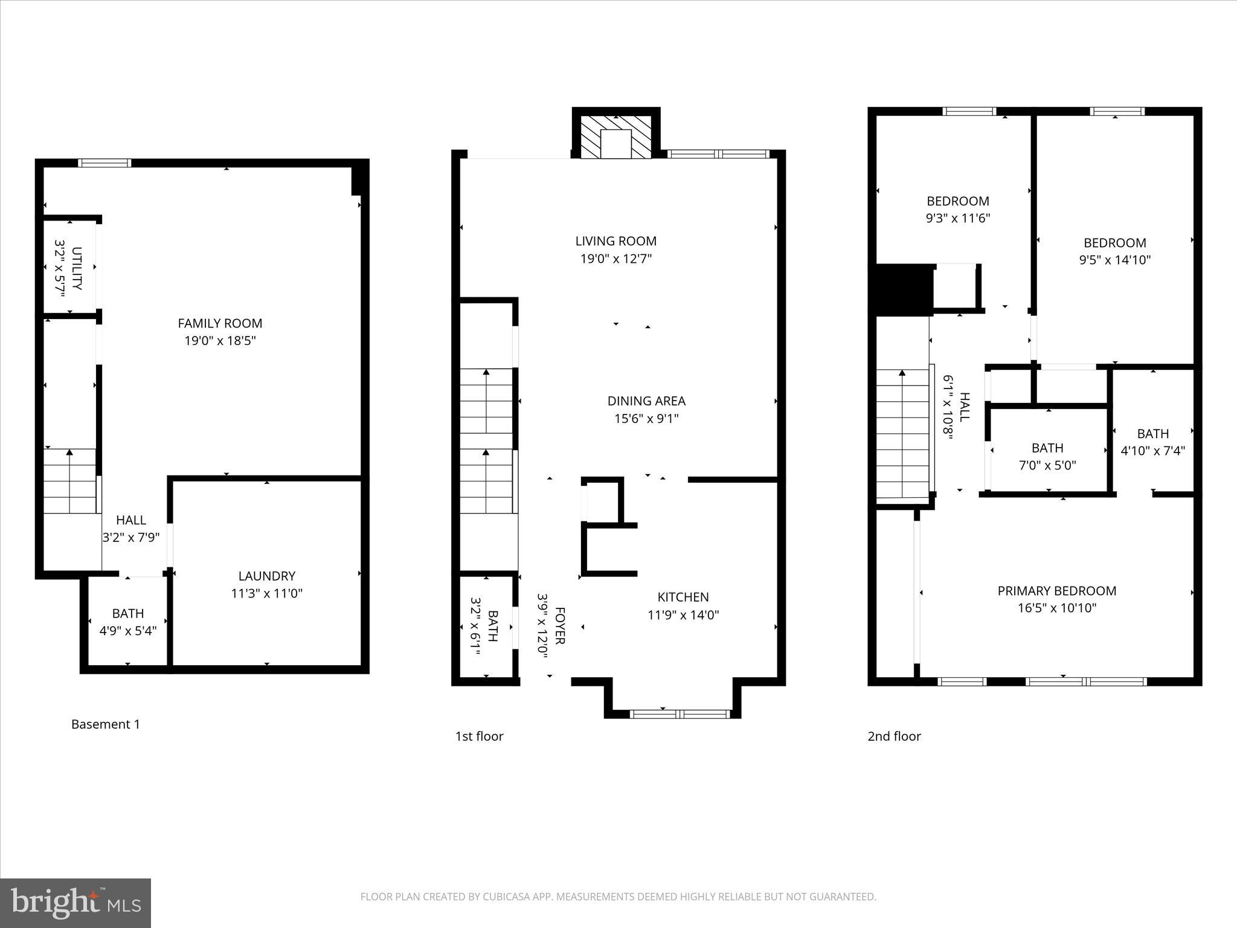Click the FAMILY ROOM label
click(220, 324)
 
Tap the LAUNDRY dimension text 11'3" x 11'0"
click(266, 593)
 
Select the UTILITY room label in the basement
click(77, 268)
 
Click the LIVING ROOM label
click(615, 241)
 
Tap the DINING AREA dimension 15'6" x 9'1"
click(646, 419)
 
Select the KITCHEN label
click(683, 597)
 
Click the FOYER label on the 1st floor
click(559, 626)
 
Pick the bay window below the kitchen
click(680, 714)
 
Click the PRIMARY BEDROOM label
click(1056, 591)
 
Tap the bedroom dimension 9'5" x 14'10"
click(1114, 260)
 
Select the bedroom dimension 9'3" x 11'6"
click(958, 218)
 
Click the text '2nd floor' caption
click(894, 736)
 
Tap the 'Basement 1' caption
click(106, 724)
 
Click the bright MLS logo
click(76, 903)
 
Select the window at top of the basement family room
click(104, 163)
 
